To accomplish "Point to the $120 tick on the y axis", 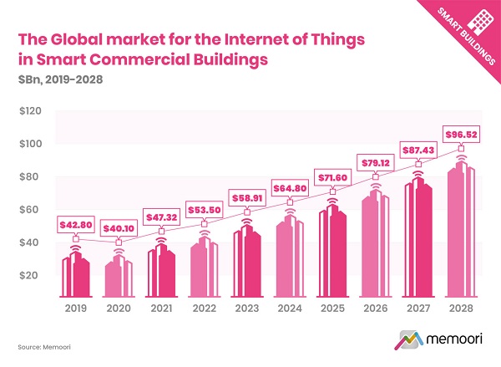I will click(x=28, y=111).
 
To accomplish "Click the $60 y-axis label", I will click(x=28, y=210).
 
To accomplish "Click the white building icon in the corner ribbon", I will click(x=476, y=23).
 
